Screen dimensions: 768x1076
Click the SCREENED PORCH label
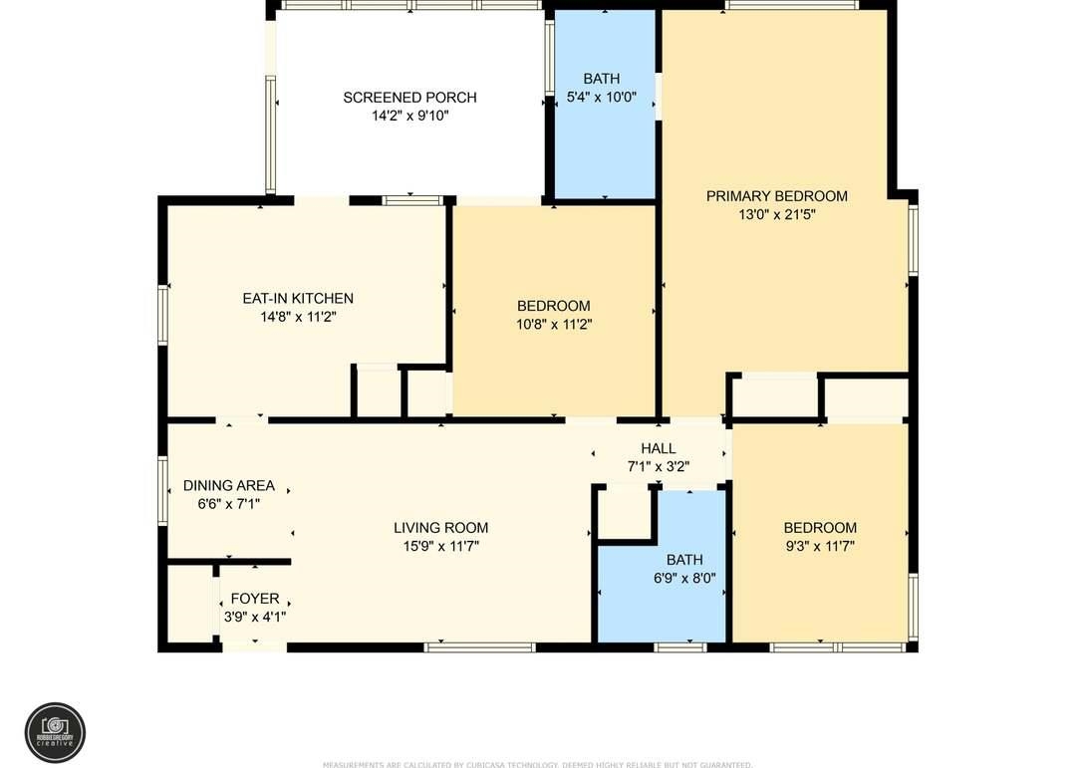409,98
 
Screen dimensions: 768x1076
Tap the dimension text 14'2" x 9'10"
409,116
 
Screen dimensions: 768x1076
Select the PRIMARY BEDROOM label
776,196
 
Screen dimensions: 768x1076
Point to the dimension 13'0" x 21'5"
776,214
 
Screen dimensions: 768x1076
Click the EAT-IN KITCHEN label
298,299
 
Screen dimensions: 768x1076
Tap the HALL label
658,448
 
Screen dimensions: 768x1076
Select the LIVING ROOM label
440,528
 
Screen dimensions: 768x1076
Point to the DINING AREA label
228,486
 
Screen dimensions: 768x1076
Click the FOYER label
255,599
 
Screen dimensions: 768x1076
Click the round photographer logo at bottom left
55,732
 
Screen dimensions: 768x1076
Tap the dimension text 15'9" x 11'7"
440,546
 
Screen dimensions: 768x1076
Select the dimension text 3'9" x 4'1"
255,617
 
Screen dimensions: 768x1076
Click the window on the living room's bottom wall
479,647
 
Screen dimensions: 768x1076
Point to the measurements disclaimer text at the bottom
538,764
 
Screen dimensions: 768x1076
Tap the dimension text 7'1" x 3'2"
658,466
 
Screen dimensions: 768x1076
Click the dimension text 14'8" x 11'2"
298,317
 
